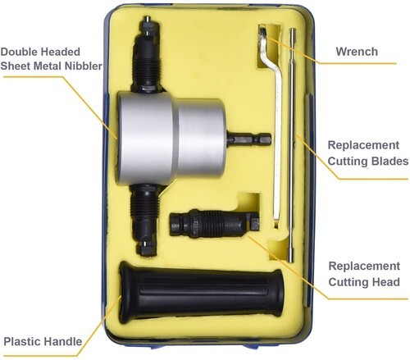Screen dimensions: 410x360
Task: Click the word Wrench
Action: [x=357, y=52]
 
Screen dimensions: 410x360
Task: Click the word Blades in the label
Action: [x=390, y=161]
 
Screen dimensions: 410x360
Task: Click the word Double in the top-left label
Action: [x=19, y=52]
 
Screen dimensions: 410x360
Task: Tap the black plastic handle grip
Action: [x=202, y=293]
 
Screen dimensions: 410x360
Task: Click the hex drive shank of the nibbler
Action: [x=248, y=139]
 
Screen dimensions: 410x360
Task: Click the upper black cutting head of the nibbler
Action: [x=147, y=55]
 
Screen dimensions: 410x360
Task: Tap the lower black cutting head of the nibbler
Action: [x=145, y=220]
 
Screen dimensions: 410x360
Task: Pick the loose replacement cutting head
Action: [x=214, y=223]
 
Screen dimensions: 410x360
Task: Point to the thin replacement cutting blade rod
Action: [x=292, y=145]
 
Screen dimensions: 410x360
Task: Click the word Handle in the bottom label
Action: [x=62, y=341]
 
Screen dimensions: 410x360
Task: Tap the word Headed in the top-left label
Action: [x=61, y=52]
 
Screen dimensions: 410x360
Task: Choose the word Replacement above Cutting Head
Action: [x=364, y=266]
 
